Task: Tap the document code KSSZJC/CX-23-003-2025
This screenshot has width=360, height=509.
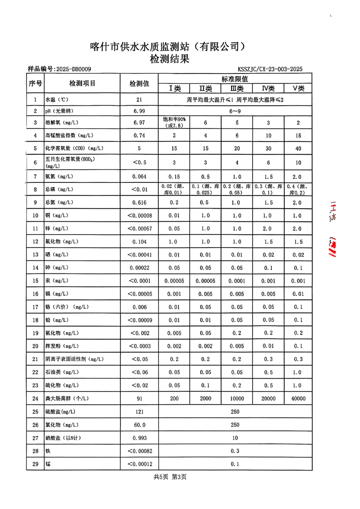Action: [x=270, y=69]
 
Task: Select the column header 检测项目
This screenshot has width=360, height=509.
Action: [x=82, y=83]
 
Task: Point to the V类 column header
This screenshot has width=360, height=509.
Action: [x=298, y=88]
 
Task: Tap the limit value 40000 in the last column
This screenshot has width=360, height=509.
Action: [x=298, y=399]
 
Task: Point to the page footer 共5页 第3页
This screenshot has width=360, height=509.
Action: [x=170, y=477]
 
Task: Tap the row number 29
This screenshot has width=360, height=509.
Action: [x=35, y=464]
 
